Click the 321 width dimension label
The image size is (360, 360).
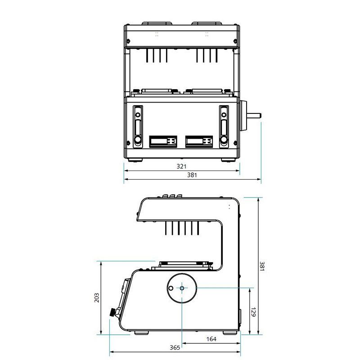[x=181, y=166]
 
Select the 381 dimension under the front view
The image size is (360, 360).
[x=192, y=175]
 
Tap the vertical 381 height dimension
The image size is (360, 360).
[x=262, y=266]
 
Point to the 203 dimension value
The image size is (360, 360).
[x=97, y=297]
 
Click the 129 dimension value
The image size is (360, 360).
[x=253, y=312]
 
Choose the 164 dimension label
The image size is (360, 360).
[x=211, y=339]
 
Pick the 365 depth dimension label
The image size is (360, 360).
[x=175, y=347]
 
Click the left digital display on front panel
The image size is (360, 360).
[x=163, y=141]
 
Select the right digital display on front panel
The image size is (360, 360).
[x=199, y=141]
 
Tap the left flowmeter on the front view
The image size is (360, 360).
[x=138, y=126]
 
